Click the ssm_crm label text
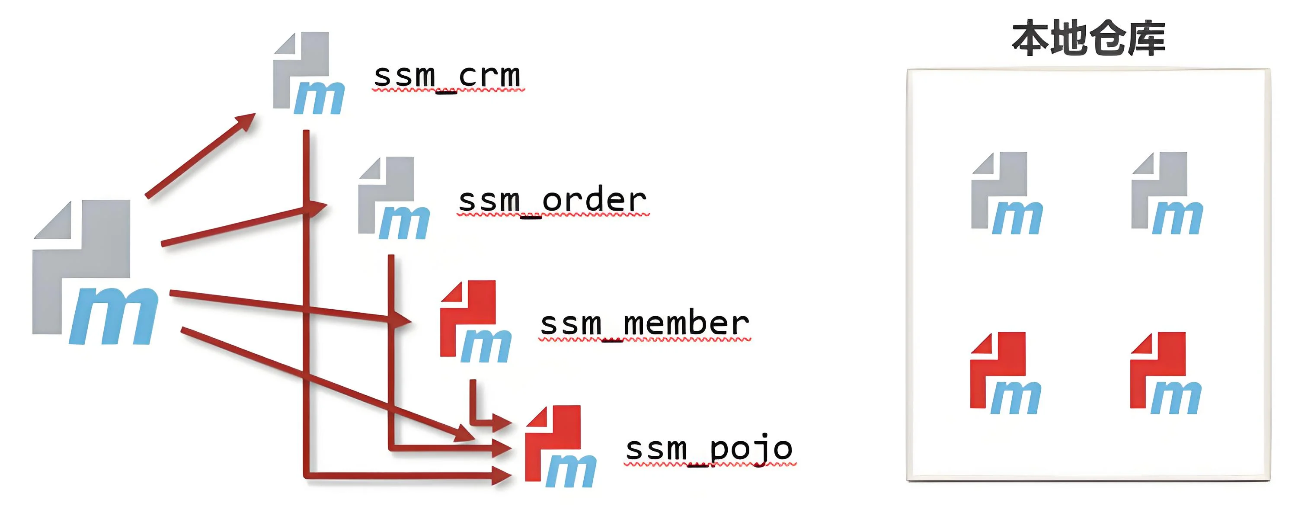pos(447,76)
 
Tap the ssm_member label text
pos(644,324)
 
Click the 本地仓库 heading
pos(1088,38)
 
